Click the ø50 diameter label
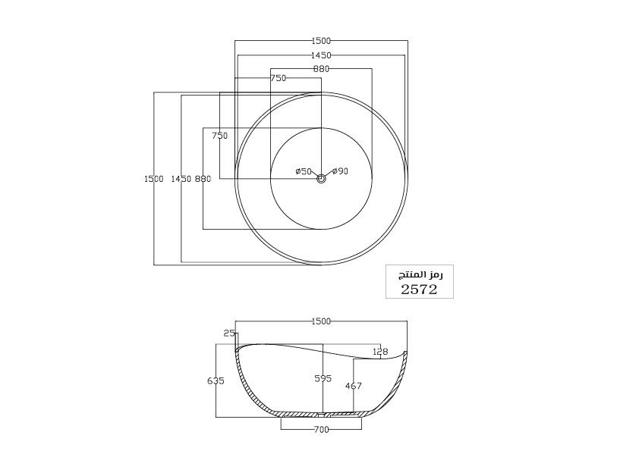coord(304,171)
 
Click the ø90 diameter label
coord(340,171)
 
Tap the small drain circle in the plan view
coord(321,178)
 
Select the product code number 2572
coord(419,290)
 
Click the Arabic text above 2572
coord(420,274)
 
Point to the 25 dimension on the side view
coord(229,334)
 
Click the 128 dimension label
coord(381,351)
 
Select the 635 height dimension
coord(216,381)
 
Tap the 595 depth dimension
coord(323,378)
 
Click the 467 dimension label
coord(354,386)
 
